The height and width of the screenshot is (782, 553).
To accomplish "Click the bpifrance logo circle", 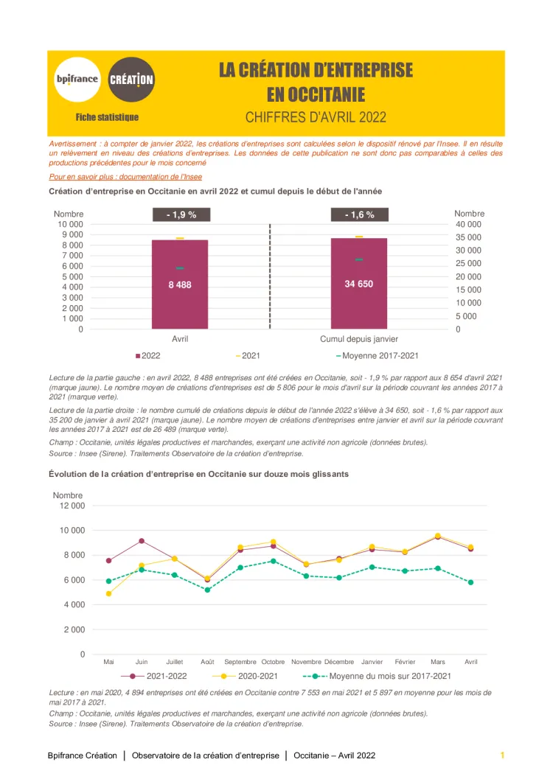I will coord(77,79).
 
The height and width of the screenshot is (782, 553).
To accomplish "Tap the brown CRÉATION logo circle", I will coord(131,79).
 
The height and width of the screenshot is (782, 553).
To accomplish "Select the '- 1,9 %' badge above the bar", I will coord(180,214).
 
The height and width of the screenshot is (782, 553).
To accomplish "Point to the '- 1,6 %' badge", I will coord(359,214).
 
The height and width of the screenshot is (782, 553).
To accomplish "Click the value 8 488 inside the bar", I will coord(180,284).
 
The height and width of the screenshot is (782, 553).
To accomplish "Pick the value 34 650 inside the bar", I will coord(359,283).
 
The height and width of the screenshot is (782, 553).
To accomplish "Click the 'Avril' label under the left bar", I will coord(180,339).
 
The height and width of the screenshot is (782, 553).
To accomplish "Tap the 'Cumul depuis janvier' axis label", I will coord(359,339).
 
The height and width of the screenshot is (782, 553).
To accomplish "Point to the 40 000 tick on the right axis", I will coord(468,224).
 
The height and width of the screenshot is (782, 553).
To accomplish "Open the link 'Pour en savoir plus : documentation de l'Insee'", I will coord(125,177).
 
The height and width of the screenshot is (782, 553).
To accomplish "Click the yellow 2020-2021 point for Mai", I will coord(109,593).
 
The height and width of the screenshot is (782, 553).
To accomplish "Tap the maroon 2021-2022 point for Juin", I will coord(142,541).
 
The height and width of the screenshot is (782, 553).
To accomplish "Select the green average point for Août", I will coord(207,590).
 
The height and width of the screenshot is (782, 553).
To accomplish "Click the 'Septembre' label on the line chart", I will coord(240,662).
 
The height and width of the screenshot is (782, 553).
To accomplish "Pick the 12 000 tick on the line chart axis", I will coord(72,506).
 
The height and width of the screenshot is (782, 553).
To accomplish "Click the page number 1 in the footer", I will coord(502,755).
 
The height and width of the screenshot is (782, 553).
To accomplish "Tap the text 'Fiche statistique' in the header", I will coord(107,117).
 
